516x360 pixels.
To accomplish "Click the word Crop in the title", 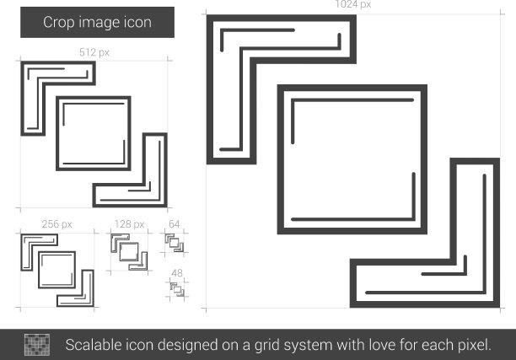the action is (x=58, y=23).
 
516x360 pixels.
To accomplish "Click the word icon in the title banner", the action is (x=137, y=23).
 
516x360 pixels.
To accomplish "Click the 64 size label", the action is (x=174, y=224).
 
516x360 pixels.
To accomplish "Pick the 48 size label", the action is (x=177, y=273).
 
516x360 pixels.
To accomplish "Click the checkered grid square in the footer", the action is (x=37, y=345).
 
